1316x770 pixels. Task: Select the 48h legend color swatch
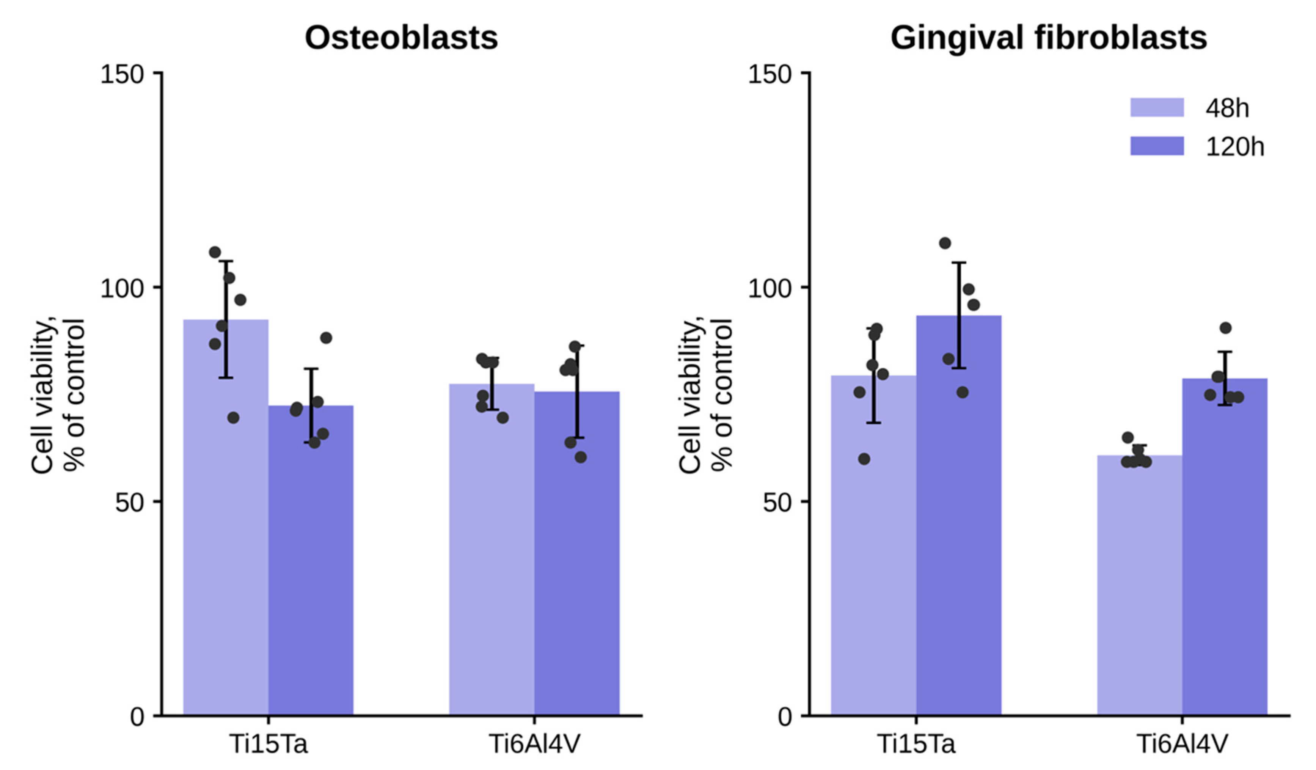[x=1157, y=108]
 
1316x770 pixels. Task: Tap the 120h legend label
[x=1234, y=147]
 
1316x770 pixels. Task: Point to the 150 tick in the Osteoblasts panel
[x=122, y=75]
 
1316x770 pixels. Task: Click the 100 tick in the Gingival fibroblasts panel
[x=770, y=288]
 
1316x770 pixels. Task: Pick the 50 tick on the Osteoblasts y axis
[x=129, y=503]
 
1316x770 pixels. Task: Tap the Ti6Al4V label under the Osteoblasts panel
[x=534, y=744]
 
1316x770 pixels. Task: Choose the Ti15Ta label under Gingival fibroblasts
[x=916, y=744]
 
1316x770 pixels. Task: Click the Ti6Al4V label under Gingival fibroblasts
[x=1182, y=744]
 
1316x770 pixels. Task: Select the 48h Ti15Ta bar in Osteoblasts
[x=226, y=522]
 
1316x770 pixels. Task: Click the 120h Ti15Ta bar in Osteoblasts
[x=311, y=564]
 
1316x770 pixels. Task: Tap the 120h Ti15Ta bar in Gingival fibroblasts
[x=959, y=522]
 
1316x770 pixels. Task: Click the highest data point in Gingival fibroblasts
[x=945, y=243]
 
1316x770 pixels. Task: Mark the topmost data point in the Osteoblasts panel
[x=215, y=252]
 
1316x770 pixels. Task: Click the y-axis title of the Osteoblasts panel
[x=57, y=396]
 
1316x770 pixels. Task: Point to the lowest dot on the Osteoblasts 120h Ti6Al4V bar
[x=580, y=457]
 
